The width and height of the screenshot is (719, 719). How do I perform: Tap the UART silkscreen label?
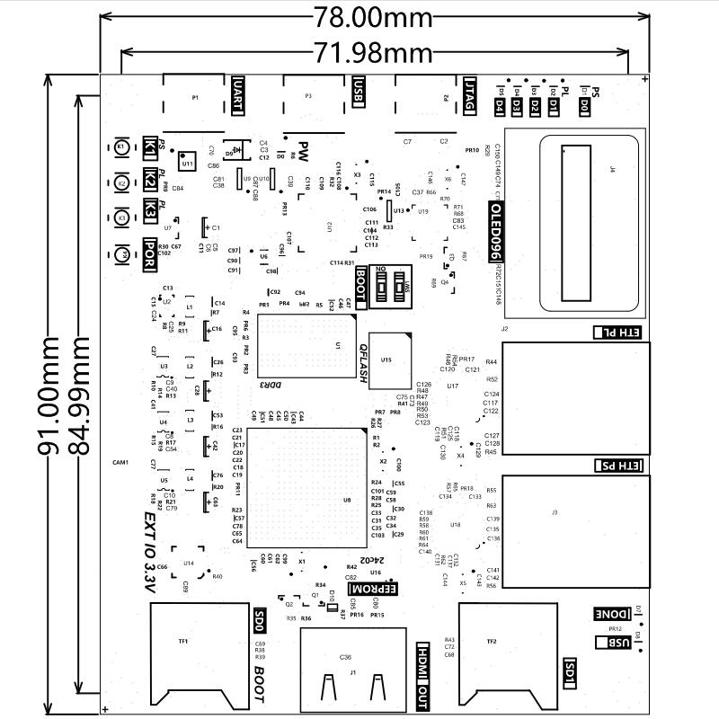(237, 95)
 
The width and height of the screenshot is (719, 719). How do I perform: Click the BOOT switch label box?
(361, 287)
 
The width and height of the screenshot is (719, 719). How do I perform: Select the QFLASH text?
(364, 363)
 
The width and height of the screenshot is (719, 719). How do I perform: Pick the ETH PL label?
(619, 333)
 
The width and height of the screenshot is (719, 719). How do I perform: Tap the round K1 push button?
(121, 147)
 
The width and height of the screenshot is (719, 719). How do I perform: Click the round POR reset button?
(121, 255)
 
